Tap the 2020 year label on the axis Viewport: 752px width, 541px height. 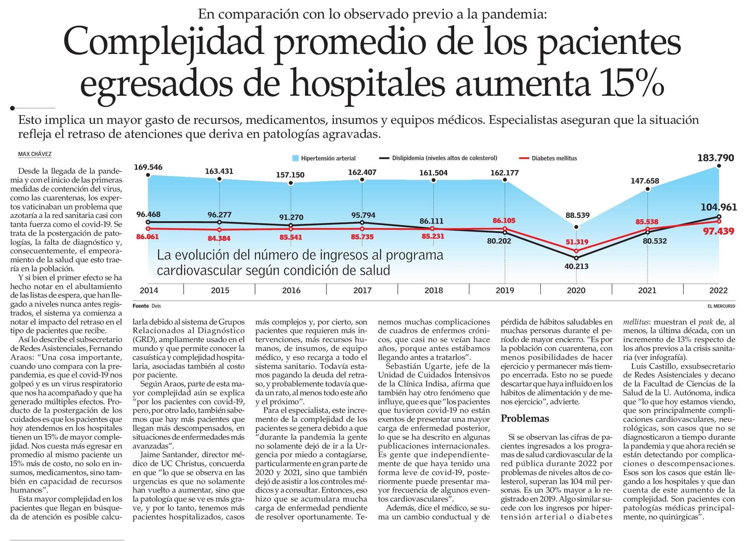576,291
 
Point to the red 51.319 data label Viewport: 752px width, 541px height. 577,242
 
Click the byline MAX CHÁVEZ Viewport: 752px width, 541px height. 35,154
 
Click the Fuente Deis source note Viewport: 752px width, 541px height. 146,306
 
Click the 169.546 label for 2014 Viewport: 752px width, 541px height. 148,167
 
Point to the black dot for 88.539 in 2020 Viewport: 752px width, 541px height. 576,227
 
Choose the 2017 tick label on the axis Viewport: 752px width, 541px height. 362,291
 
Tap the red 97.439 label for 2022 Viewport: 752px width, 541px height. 719,231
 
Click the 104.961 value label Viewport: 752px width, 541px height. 719,208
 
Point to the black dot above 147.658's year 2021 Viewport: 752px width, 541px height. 647,189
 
